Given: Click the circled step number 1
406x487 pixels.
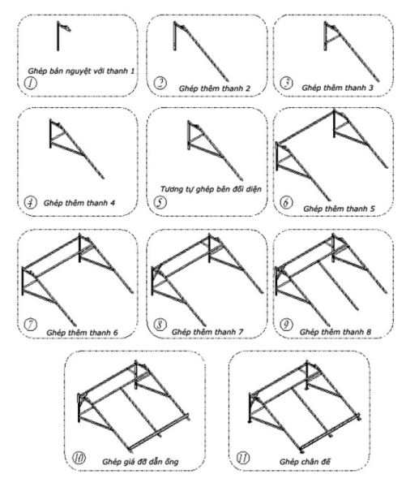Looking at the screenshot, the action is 31,83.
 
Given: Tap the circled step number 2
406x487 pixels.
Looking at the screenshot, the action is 160,83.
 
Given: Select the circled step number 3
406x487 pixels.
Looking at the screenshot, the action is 286,83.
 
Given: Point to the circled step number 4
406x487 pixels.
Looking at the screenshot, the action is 31,202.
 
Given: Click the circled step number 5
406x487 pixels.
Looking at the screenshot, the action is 160,202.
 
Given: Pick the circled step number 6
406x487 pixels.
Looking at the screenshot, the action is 286,202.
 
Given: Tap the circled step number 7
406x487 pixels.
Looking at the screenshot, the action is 31,325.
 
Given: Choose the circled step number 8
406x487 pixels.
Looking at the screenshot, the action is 160,325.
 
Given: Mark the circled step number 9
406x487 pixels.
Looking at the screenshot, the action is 286,325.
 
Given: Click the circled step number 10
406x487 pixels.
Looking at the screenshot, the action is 79,458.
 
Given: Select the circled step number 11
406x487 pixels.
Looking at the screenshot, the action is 243,458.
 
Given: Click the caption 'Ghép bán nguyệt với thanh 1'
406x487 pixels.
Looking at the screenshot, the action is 81,71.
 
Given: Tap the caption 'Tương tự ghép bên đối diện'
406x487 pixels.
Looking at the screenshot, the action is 211,189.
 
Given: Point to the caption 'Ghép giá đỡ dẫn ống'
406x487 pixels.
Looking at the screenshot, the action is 140,462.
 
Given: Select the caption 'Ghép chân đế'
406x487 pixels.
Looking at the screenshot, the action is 305,462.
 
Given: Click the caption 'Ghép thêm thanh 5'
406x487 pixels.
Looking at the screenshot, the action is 339,209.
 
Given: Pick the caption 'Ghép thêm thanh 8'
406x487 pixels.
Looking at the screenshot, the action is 335,332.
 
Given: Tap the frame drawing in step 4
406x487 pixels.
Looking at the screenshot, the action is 77,149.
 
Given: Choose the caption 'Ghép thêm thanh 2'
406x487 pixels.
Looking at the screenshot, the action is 214,88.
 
